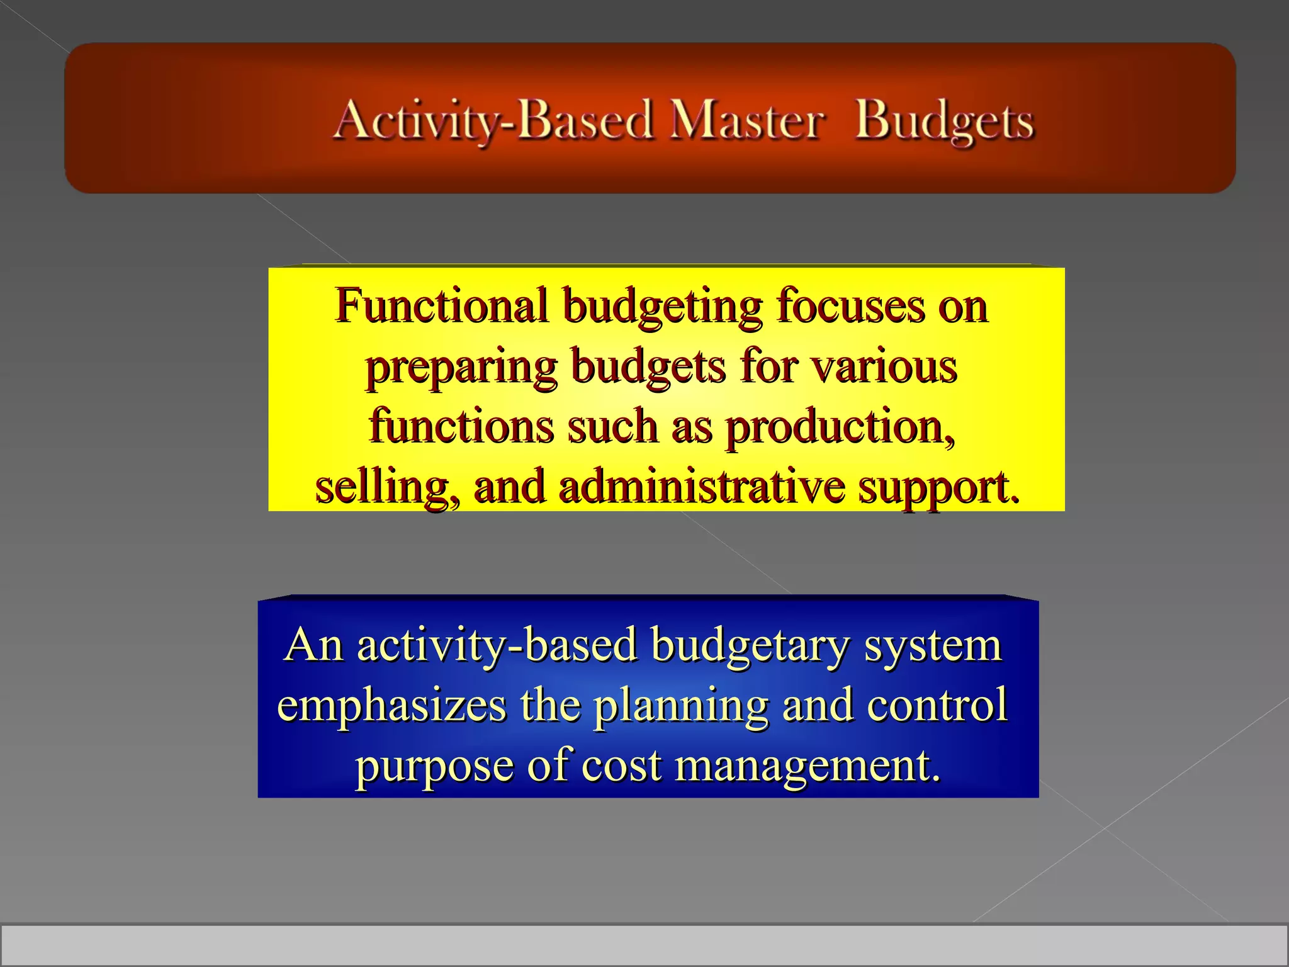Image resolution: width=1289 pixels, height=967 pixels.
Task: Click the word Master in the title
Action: click(746, 121)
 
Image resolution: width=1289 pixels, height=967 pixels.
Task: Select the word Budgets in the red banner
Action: click(944, 121)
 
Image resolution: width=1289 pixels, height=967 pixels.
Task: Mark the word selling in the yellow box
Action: click(387, 487)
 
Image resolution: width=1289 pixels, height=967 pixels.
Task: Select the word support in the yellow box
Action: click(938, 489)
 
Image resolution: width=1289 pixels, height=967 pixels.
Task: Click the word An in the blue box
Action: click(313, 645)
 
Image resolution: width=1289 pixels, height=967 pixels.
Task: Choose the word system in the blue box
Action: click(932, 646)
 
